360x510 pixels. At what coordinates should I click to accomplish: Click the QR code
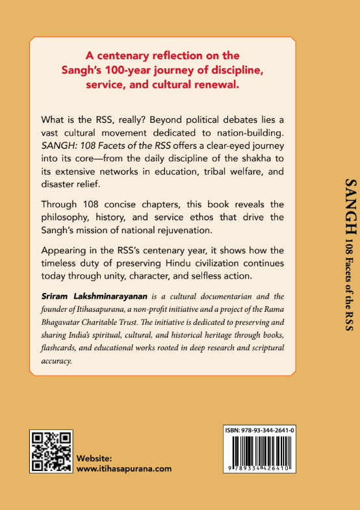[51, 451]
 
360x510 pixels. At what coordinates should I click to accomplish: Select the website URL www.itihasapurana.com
[124, 468]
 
